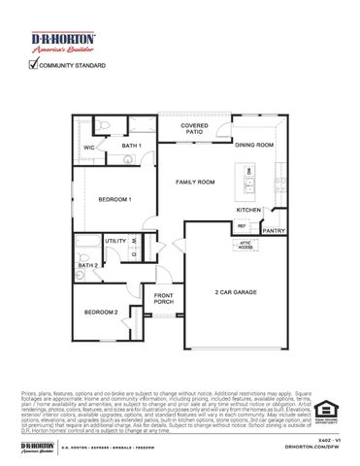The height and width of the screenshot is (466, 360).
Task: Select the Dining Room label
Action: coord(253,145)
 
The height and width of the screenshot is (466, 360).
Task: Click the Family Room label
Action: coord(195,182)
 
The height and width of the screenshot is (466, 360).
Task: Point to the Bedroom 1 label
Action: coord(114,199)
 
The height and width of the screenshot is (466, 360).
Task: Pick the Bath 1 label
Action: coord(132,146)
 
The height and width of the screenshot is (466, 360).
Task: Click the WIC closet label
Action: coord(88,148)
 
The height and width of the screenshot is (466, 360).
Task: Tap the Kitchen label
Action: coord(249,210)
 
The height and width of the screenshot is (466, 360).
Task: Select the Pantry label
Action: coord(274,231)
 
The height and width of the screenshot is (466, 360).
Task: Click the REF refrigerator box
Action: coord(242,226)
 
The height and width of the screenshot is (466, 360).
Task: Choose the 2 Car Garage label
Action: coord(236,291)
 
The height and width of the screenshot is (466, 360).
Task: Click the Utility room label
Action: coord(115,241)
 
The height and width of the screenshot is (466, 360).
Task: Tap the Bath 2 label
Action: coord(87,264)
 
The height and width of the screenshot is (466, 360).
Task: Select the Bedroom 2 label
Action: coord(101,312)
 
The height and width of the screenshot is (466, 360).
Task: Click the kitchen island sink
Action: coord(250,173)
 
